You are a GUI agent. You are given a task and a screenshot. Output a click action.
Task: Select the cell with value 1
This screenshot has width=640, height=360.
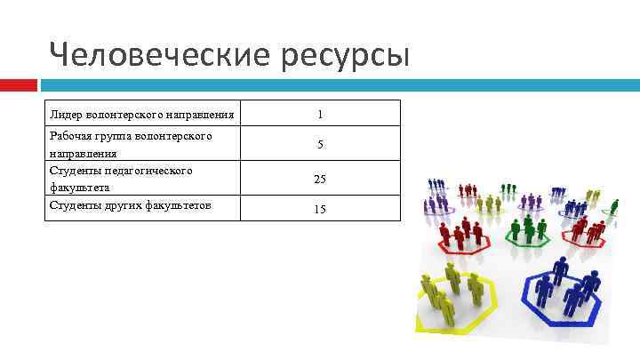point(320,114)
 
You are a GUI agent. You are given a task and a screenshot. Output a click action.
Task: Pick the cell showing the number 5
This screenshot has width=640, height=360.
point(320,144)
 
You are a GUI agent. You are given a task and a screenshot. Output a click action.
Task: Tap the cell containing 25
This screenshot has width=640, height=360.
point(320,179)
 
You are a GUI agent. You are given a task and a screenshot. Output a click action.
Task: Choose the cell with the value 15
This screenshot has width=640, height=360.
point(320,209)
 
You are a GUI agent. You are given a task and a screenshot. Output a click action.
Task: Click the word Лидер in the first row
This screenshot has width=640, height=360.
point(66,114)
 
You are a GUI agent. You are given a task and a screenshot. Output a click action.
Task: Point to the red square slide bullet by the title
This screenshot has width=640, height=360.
point(18,85)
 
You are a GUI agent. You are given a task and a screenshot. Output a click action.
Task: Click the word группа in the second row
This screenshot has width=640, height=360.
point(115,136)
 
